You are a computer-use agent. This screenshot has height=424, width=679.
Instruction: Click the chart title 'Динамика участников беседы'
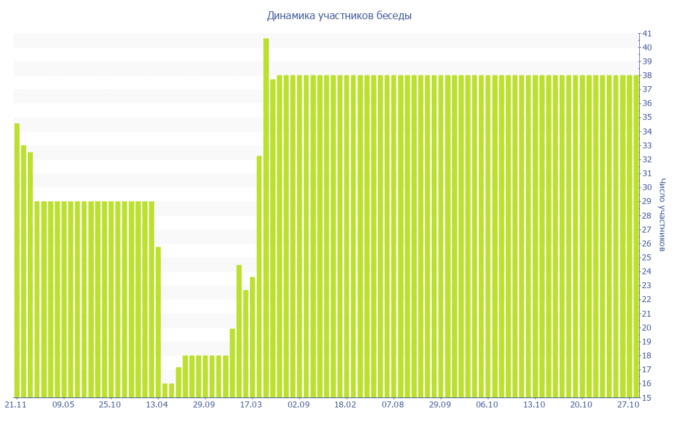(x=339, y=15)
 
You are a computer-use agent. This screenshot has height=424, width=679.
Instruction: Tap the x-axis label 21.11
(x=16, y=404)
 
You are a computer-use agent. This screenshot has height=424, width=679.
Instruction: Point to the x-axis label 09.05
(x=64, y=404)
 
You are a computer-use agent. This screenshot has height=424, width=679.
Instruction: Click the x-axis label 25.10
(x=110, y=404)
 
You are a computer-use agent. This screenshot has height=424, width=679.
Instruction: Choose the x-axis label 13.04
(x=157, y=404)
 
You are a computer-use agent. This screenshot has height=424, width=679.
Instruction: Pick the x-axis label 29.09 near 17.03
(x=204, y=404)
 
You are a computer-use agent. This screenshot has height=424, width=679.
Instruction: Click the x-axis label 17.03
(x=251, y=404)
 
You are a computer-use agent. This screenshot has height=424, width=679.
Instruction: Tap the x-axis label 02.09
(x=298, y=404)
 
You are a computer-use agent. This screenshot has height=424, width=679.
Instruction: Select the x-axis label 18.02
(x=345, y=404)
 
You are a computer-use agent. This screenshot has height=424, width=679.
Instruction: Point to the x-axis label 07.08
(x=393, y=404)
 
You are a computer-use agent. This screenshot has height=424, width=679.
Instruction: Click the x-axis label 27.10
(x=628, y=404)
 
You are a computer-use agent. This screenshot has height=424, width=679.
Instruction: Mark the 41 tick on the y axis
(x=647, y=33)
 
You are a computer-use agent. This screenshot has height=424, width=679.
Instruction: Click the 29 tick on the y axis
(x=647, y=201)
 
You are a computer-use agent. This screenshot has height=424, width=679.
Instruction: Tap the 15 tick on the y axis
(x=647, y=397)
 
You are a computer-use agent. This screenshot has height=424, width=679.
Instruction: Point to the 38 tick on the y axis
(x=647, y=76)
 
